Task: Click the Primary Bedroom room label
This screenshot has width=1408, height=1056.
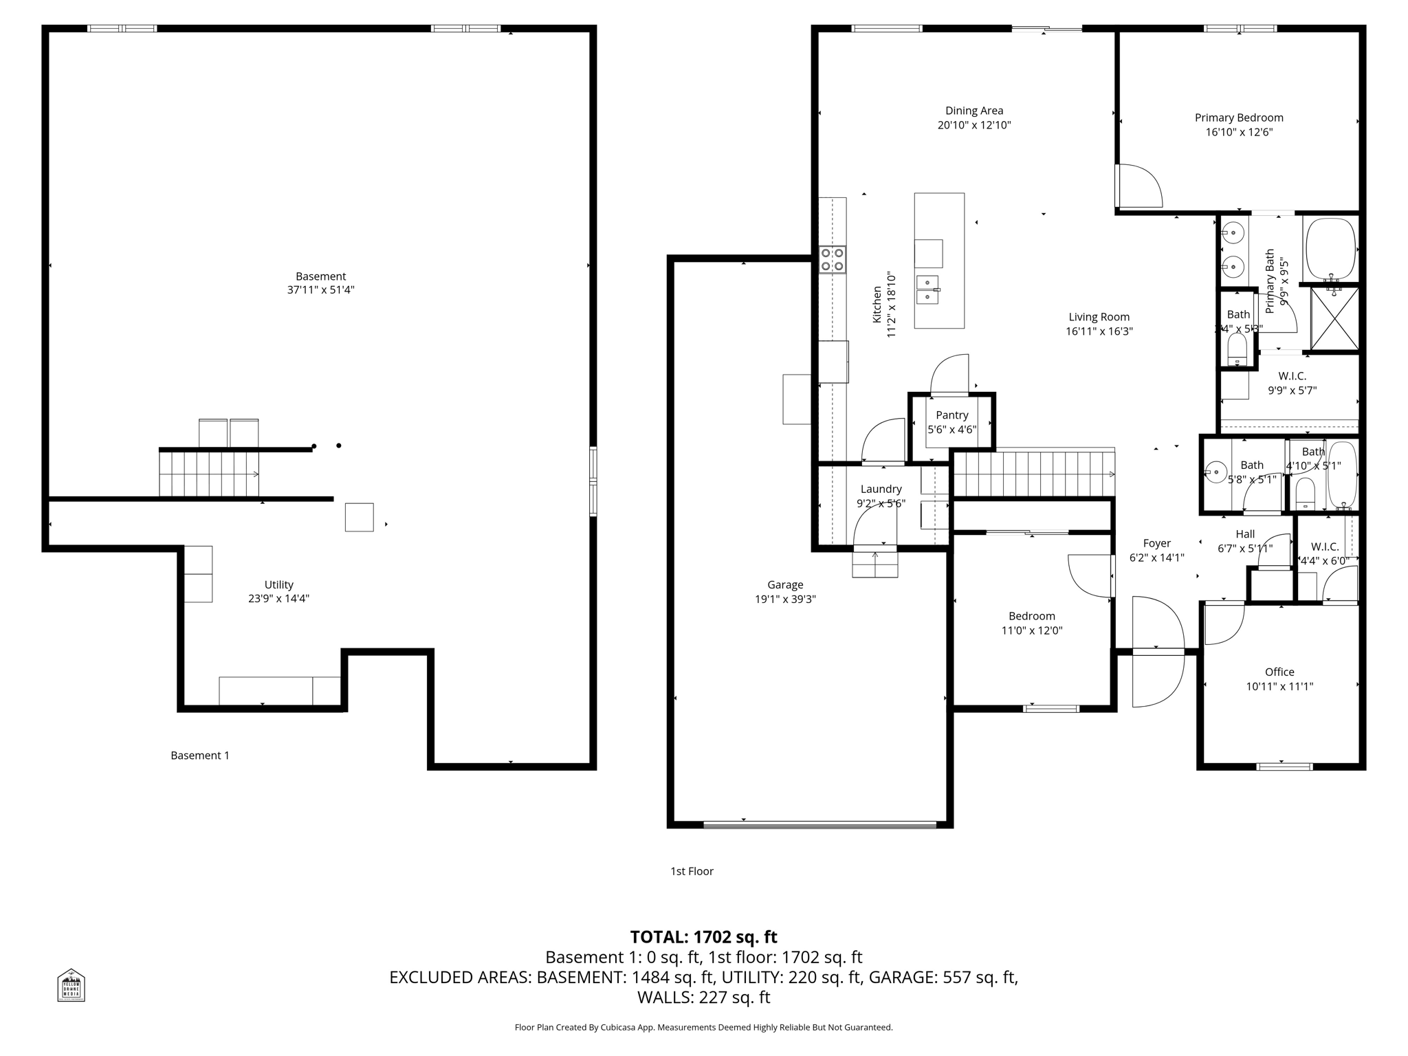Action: [x=1239, y=118]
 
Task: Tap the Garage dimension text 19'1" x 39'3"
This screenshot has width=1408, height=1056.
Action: [x=785, y=599]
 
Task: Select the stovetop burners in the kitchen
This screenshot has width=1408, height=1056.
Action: [x=833, y=260]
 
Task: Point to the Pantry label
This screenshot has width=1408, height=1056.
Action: [x=951, y=415]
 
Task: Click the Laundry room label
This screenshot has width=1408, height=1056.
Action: [x=881, y=489]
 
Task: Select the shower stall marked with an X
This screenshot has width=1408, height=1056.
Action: [x=1334, y=319]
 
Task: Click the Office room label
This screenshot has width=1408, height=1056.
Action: [x=1279, y=672]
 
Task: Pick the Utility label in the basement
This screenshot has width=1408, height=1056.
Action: [x=279, y=584]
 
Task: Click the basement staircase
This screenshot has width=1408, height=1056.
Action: [x=209, y=473]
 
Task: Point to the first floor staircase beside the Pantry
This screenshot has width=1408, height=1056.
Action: [x=1034, y=474]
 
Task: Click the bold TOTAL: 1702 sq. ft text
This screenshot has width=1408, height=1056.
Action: [x=703, y=937]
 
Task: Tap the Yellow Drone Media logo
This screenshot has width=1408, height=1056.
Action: [x=71, y=984]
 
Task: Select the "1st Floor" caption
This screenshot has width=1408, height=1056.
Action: [x=692, y=871]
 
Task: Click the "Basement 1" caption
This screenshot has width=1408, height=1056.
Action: [x=200, y=756]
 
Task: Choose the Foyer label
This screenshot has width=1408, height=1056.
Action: [x=1156, y=543]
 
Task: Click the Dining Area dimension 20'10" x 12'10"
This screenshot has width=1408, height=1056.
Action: [x=974, y=125]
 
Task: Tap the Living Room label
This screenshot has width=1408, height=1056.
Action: [x=1099, y=317]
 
